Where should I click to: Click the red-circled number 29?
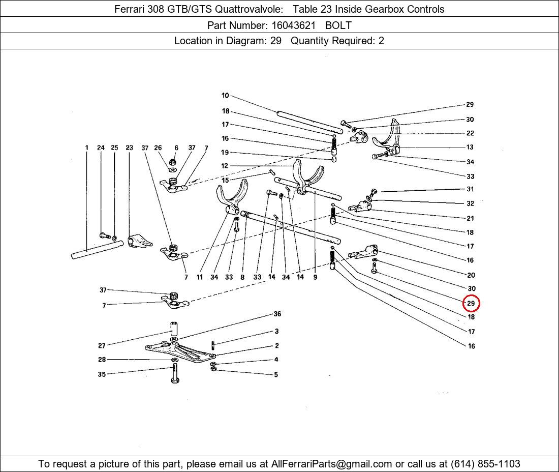471,303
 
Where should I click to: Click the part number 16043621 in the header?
293,25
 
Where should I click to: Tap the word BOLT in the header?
338,25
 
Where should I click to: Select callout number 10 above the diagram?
225,95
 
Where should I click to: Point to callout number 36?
277,314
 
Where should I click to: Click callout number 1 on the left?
86,147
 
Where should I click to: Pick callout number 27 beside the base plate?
102,345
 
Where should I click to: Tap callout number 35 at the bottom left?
102,374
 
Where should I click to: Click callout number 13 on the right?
470,147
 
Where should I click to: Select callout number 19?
225,153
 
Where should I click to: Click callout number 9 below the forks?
315,277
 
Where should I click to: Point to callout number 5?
276,375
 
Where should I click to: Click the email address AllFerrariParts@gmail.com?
331,464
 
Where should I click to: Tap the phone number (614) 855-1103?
485,464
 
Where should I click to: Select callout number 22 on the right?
470,133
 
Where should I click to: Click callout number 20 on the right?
471,275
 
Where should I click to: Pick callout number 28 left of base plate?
102,359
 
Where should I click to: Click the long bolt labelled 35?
175,373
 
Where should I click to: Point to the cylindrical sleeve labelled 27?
173,328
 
